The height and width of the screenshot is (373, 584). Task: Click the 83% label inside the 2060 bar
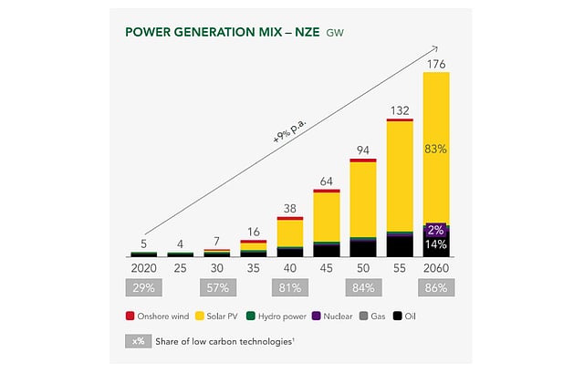(x=436, y=149)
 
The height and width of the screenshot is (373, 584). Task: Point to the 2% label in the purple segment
(x=436, y=231)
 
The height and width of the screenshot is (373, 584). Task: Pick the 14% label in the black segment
(x=436, y=245)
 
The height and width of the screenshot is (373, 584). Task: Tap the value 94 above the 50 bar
(x=363, y=151)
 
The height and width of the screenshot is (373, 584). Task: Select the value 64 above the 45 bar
(x=327, y=181)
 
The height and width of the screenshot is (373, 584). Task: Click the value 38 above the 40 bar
(x=290, y=208)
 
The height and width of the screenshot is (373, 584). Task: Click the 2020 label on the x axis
(x=144, y=269)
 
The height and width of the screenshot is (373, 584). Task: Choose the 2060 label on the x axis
(x=436, y=269)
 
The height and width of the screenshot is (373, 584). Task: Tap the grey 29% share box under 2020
(x=144, y=289)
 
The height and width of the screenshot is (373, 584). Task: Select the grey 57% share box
(x=217, y=289)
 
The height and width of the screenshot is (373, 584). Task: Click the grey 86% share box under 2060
(x=436, y=289)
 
